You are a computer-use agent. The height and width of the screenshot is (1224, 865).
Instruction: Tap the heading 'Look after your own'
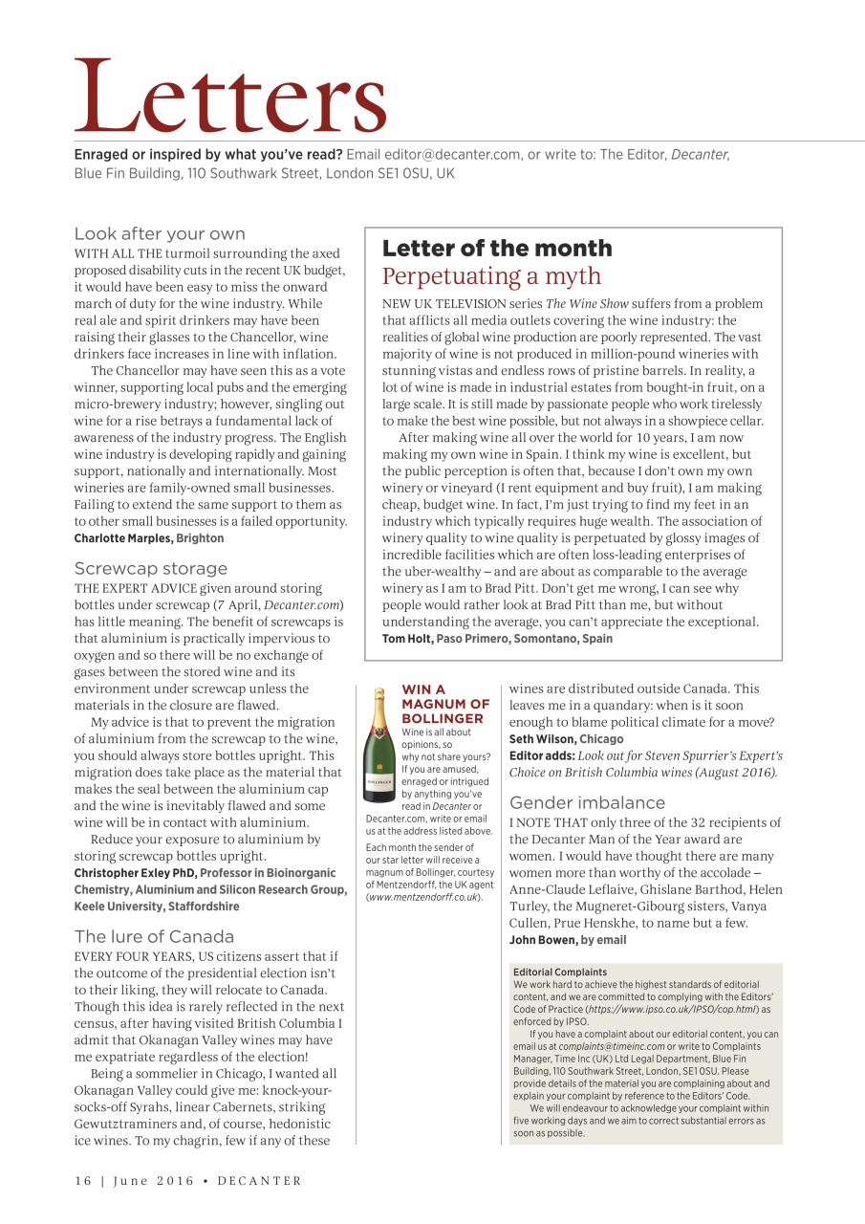(x=160, y=233)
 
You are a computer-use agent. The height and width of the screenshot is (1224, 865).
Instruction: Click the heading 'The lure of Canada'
(x=154, y=936)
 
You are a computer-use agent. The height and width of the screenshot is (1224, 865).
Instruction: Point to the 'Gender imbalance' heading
(x=588, y=802)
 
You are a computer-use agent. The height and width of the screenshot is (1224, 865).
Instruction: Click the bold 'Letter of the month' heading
(x=497, y=249)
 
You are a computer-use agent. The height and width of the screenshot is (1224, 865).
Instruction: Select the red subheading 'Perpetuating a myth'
(x=491, y=276)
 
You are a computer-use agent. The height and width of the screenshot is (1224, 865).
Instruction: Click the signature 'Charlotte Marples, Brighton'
(x=149, y=538)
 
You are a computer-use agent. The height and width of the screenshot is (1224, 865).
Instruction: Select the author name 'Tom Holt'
(x=407, y=639)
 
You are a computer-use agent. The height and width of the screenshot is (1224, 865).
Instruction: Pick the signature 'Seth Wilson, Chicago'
(x=566, y=739)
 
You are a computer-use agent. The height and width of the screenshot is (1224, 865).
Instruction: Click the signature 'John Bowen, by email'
(x=567, y=940)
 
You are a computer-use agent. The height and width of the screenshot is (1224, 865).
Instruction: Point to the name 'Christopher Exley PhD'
(x=135, y=873)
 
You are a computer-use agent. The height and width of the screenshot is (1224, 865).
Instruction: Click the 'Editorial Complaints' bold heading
(x=559, y=973)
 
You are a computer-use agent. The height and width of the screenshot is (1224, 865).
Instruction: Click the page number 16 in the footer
(x=83, y=1181)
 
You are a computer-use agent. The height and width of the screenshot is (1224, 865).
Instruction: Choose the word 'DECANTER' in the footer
(x=259, y=1181)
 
